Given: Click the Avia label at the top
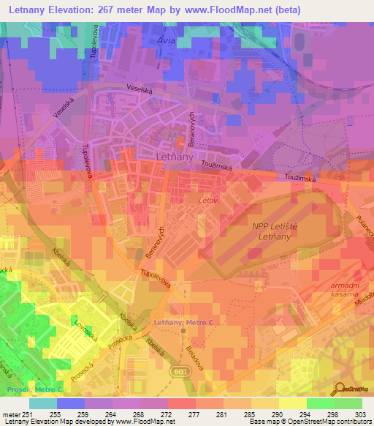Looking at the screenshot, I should [167, 41].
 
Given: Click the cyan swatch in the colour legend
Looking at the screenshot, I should [43, 403].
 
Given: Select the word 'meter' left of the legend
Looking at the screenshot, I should [11, 414].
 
